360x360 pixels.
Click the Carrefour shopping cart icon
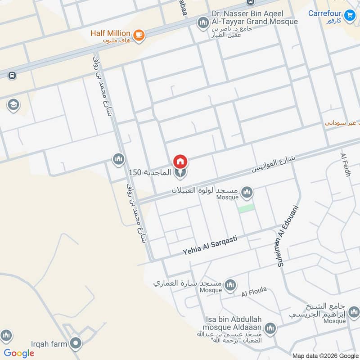click(x=349, y=17)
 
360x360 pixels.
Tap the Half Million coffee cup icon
click(x=139, y=35)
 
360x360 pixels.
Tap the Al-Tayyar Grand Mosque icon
click(x=202, y=22)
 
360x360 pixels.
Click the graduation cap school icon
click(x=13, y=105)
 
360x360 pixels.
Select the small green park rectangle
click(x=246, y=208)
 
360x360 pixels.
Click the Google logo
click(x=19, y=353)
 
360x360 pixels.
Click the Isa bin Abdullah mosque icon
click(x=270, y=328)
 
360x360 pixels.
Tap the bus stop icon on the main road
click(x=12, y=75)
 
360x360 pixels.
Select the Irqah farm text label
click(x=49, y=344)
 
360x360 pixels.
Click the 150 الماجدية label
click(x=150, y=172)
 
